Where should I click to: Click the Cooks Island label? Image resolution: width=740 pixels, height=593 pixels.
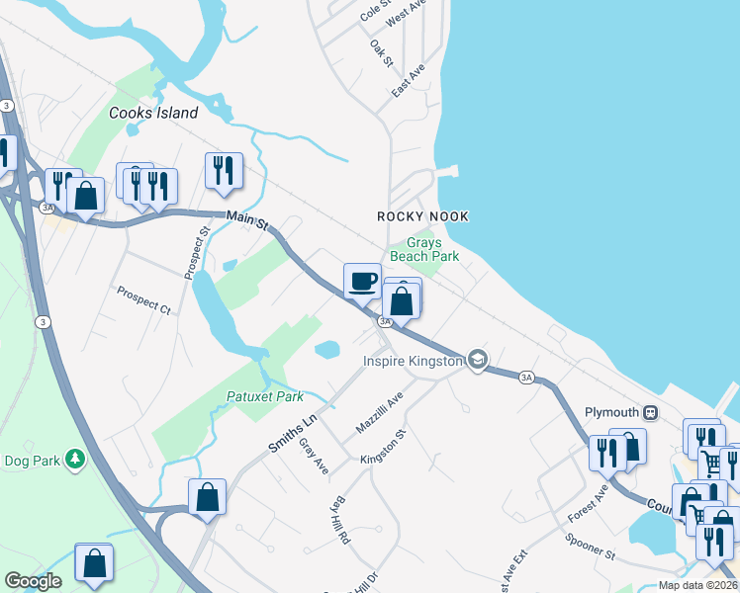[x=153, y=113]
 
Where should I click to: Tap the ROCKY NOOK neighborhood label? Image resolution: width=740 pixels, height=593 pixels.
[x=422, y=216]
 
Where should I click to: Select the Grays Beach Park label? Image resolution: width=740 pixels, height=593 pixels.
[x=424, y=249]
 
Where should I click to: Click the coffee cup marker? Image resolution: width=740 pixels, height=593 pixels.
[x=363, y=280]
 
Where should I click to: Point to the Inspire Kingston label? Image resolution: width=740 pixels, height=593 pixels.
[x=413, y=361]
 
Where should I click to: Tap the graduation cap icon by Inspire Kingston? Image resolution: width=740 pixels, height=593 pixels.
[x=478, y=359]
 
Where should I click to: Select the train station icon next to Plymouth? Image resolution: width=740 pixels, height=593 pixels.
[x=650, y=412]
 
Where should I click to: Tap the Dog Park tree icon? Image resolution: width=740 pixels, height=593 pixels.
[x=73, y=459]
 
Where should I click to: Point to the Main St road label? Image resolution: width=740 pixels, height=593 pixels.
[x=247, y=220]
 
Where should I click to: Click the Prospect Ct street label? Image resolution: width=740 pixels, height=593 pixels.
[x=143, y=299]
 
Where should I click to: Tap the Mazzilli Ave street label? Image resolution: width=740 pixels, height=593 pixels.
[x=380, y=415]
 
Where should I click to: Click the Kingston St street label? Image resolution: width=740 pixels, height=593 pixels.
[x=384, y=447]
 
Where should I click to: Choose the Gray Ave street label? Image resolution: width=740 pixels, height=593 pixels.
[x=314, y=456]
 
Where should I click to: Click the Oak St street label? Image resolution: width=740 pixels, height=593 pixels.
[x=382, y=53]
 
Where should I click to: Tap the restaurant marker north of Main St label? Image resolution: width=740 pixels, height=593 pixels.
[x=224, y=171]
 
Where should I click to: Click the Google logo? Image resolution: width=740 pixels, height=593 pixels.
[x=34, y=581]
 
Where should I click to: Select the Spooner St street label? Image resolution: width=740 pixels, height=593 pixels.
[x=590, y=548]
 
